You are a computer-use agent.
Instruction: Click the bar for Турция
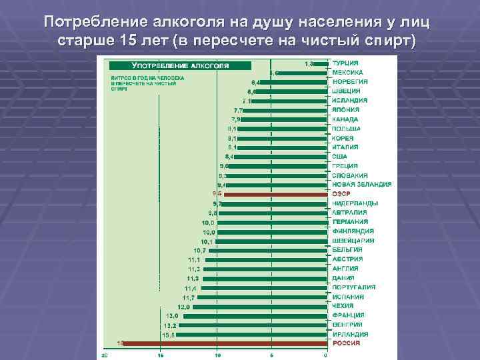click(x=322, y=64)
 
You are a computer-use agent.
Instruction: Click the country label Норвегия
click(x=350, y=81)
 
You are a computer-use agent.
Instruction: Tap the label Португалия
click(x=353, y=287)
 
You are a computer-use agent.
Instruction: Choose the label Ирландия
click(x=350, y=334)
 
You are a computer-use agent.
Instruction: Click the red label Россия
click(x=347, y=343)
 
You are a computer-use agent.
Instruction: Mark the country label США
click(x=340, y=156)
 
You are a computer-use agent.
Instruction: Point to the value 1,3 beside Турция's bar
click(x=310, y=63)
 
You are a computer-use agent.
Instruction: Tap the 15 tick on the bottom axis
click(x=161, y=354)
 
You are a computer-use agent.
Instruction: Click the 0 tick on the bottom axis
click(x=325, y=354)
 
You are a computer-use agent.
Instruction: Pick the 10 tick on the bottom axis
click(x=217, y=354)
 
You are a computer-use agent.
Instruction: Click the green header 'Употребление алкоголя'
click(x=180, y=66)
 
